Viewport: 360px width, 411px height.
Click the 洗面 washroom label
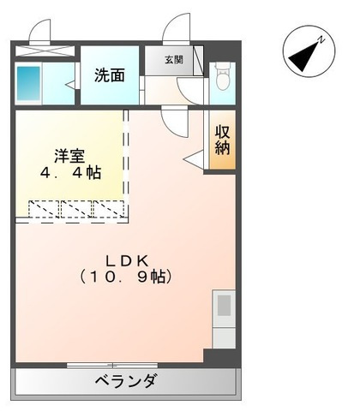109,74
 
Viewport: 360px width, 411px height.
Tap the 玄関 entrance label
174,59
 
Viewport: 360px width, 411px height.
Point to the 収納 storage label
222,140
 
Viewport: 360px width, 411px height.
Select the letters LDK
129,259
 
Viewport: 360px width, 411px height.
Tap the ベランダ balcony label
125,381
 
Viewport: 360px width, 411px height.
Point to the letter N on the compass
320,39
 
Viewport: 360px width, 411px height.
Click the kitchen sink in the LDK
224,307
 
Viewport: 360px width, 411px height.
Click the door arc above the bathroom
39,32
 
